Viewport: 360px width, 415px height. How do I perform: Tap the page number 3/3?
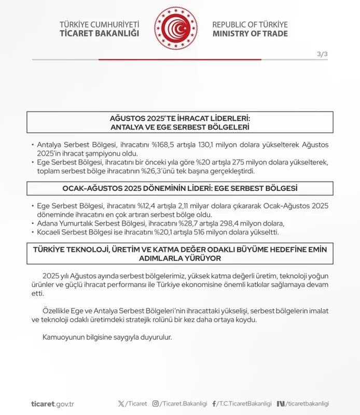[x=322, y=54]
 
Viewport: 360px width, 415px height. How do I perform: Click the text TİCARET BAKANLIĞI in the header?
[x=100, y=34]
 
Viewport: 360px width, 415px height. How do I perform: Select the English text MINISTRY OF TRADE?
[x=250, y=34]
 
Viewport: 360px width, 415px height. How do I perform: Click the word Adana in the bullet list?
[x=48, y=223]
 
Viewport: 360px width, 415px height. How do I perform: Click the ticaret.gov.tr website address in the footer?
[x=52, y=404]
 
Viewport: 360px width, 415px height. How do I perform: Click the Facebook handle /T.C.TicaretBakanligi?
[x=244, y=404]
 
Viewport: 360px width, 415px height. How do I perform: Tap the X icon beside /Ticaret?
[x=121, y=404]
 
